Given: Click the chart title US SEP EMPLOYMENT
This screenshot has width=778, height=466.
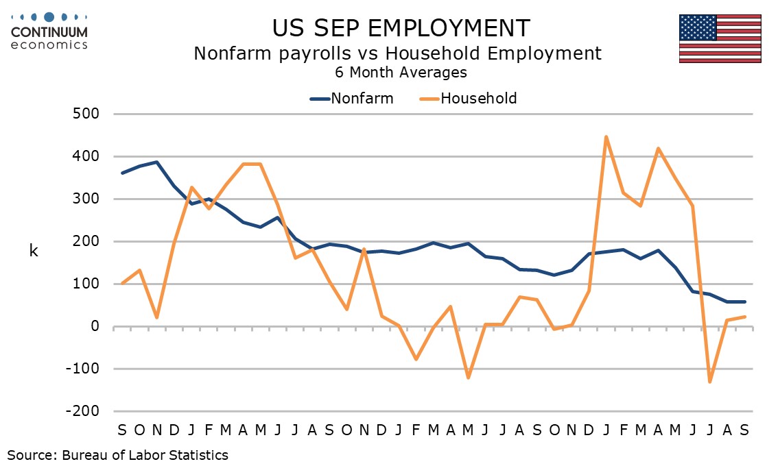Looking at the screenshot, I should [401, 28].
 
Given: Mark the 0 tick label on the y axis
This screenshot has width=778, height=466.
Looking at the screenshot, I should [97, 327].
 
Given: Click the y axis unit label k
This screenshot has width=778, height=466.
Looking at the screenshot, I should [34, 251].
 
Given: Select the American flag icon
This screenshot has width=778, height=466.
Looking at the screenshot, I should [720, 38].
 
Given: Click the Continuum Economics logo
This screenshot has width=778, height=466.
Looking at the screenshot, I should [49, 32].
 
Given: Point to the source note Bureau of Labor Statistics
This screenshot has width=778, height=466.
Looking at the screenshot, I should [118, 454].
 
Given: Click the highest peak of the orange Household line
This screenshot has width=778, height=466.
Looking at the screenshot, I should [606, 137].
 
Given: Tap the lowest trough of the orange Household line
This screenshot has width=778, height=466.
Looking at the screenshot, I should [710, 382].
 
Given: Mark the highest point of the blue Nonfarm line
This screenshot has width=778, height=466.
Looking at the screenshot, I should [157, 162].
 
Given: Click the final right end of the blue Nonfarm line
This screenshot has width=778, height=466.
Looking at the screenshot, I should [745, 302].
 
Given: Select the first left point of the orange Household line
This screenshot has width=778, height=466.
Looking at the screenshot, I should [122, 283].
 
